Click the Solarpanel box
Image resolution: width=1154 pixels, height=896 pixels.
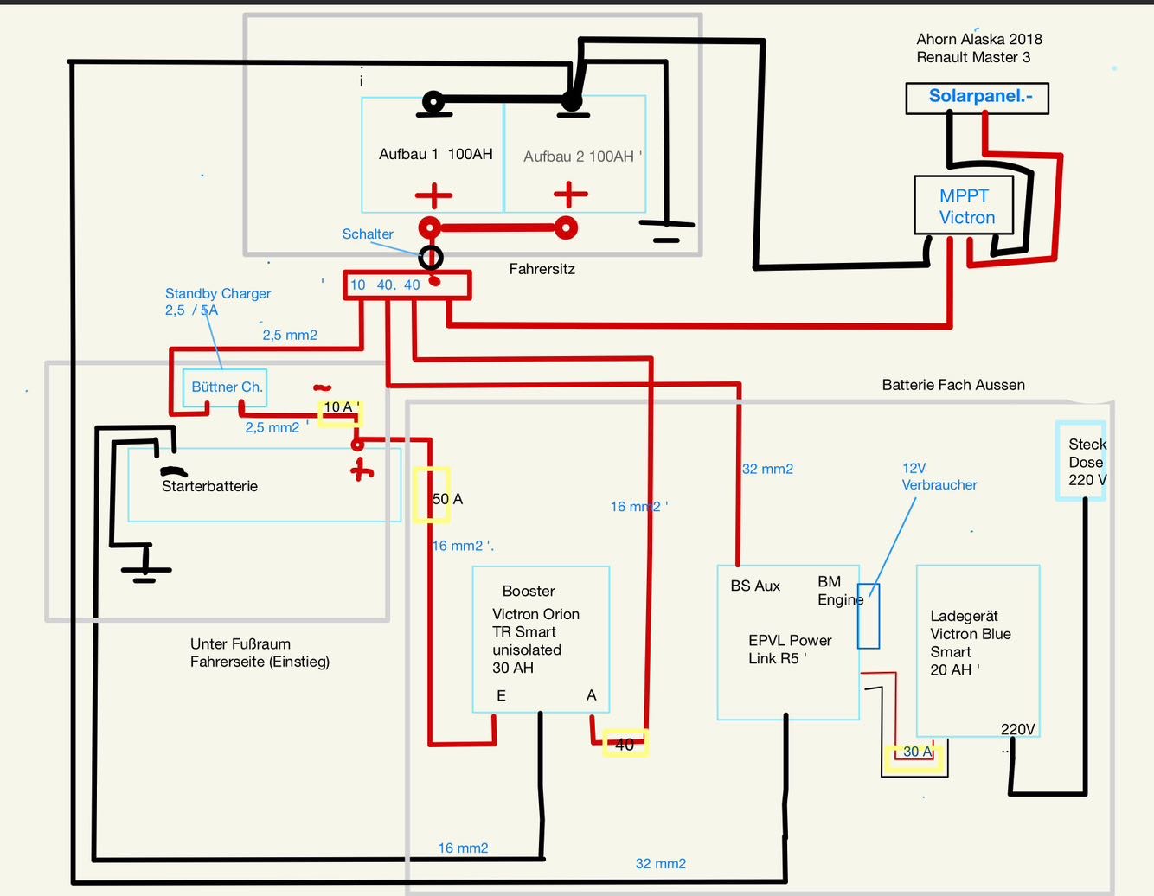pyautogui.click(x=977, y=98)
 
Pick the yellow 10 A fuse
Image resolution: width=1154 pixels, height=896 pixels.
pyautogui.click(x=339, y=413)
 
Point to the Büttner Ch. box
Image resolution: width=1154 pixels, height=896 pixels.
pyautogui.click(x=225, y=387)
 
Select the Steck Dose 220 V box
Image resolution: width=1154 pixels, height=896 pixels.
pyautogui.click(x=1081, y=461)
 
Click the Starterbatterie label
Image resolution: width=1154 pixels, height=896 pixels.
pyautogui.click(x=209, y=486)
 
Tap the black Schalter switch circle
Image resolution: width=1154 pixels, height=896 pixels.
pyautogui.click(x=431, y=257)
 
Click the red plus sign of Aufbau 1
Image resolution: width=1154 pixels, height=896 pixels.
pyautogui.click(x=433, y=195)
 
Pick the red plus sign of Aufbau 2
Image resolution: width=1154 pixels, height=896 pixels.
pyautogui.click(x=570, y=195)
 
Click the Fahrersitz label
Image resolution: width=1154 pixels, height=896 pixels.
pyautogui.click(x=542, y=269)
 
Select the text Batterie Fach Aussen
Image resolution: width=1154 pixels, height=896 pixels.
pyautogui.click(x=952, y=385)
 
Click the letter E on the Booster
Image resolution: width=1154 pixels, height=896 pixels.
pyautogui.click(x=501, y=695)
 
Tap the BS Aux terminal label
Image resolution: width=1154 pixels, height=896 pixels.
pyautogui.click(x=754, y=586)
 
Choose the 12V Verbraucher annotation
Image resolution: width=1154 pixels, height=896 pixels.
pyautogui.click(x=939, y=477)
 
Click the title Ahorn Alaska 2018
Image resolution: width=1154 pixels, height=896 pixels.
pyautogui.click(x=978, y=39)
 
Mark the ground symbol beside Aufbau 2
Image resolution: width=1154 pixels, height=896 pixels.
pyautogui.click(x=666, y=230)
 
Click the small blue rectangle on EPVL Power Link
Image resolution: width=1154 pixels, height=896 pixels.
pyautogui.click(x=869, y=616)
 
